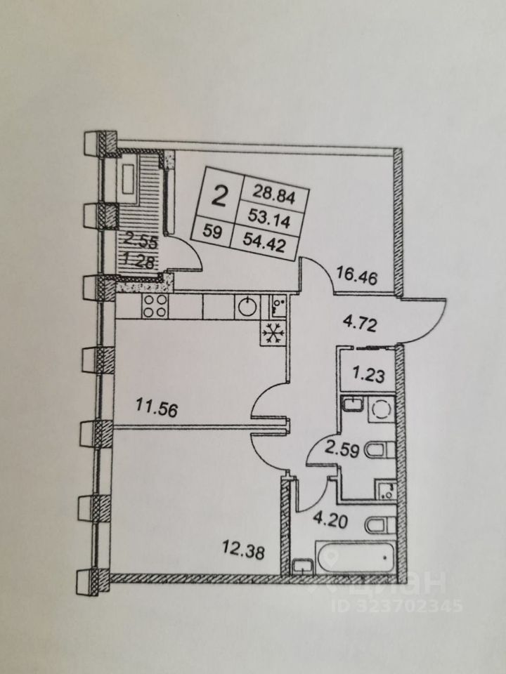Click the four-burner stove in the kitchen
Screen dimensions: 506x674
tap(155, 306)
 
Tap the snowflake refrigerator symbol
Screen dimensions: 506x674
tap(272, 334)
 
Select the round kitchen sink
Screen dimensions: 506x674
tap(247, 307)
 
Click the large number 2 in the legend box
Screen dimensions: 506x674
tap(220, 195)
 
